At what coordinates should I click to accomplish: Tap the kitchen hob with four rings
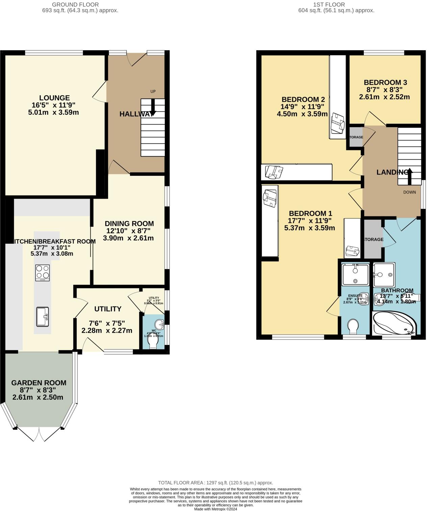click(x=43, y=272)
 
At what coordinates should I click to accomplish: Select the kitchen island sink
click(x=43, y=317)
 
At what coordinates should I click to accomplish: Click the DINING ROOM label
click(x=129, y=223)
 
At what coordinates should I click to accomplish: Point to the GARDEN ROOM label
click(x=39, y=383)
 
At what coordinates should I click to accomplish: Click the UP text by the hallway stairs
click(x=153, y=91)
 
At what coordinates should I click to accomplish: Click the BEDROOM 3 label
click(x=385, y=82)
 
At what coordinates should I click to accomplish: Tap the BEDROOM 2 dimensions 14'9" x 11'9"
click(x=302, y=107)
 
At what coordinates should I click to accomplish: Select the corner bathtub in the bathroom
click(x=394, y=323)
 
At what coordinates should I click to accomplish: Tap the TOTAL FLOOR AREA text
click(x=215, y=483)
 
